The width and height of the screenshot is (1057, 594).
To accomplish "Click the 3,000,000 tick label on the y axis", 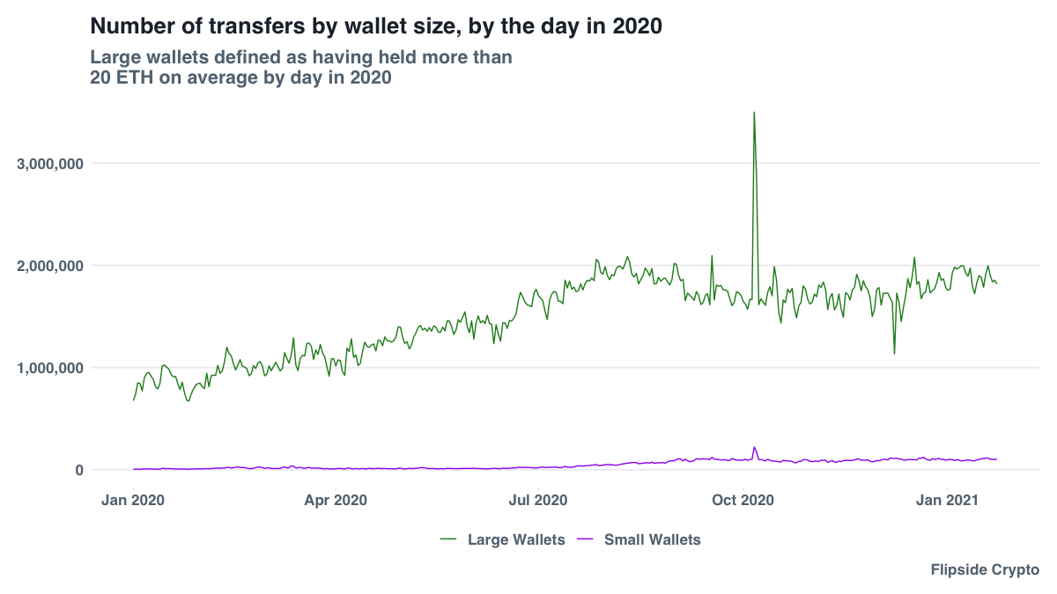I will pyautogui.click(x=50, y=164).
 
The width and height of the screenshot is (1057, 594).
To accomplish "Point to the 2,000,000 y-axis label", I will pyautogui.click(x=50, y=266).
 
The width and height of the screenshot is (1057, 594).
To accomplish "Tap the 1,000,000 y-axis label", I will pyautogui.click(x=50, y=368).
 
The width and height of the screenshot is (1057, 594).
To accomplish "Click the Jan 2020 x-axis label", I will pyautogui.click(x=133, y=501).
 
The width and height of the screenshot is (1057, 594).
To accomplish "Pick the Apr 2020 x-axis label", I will pyautogui.click(x=336, y=501).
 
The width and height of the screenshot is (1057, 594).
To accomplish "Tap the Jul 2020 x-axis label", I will pyautogui.click(x=538, y=501).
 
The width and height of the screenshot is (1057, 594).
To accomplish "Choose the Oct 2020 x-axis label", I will pyautogui.click(x=743, y=501).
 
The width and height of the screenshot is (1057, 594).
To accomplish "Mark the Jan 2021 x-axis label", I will pyautogui.click(x=947, y=501).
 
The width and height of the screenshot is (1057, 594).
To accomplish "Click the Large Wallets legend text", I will pyautogui.click(x=516, y=539).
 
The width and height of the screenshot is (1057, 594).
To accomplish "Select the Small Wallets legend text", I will pyautogui.click(x=652, y=539).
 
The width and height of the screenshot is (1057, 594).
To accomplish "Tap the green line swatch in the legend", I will pyautogui.click(x=448, y=539).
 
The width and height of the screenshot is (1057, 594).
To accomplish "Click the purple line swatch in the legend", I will pyautogui.click(x=585, y=539).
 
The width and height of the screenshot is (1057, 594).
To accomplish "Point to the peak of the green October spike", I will pyautogui.click(x=754, y=113).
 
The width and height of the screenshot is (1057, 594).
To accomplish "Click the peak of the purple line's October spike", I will pyautogui.click(x=754, y=447).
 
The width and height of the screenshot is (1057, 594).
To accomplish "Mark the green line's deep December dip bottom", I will pyautogui.click(x=894, y=353).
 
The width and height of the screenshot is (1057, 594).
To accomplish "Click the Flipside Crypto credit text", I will pyautogui.click(x=985, y=570).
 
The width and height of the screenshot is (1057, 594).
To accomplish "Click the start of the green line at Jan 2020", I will pyautogui.click(x=134, y=400).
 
